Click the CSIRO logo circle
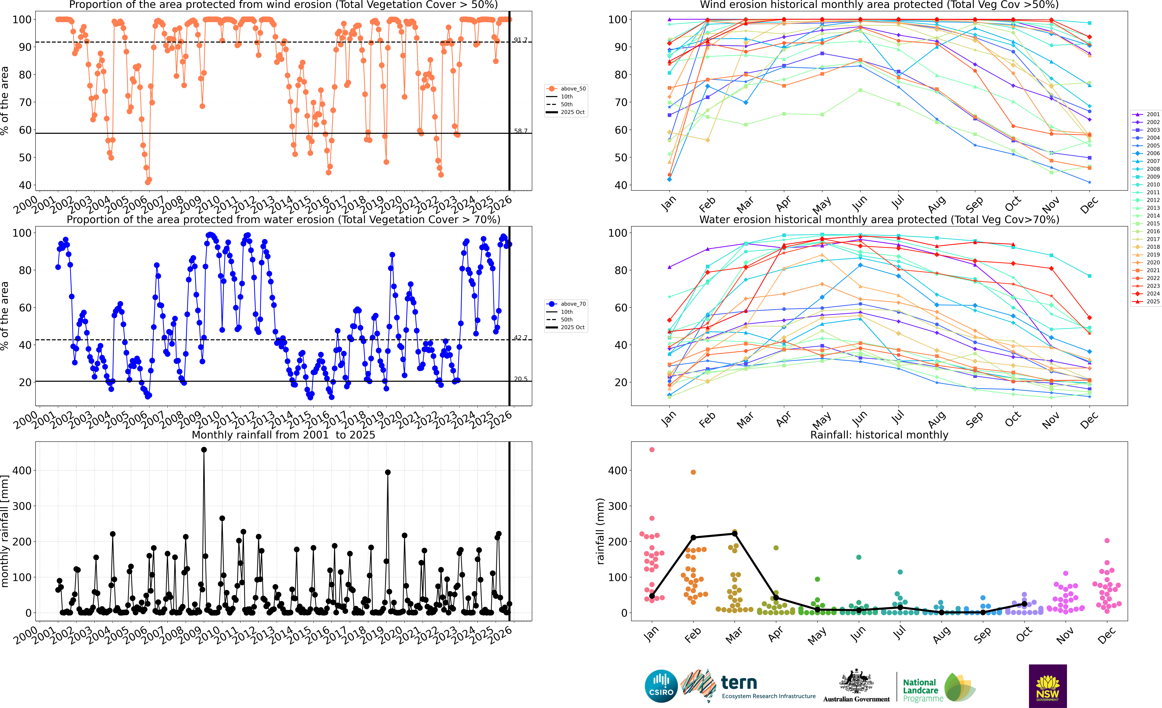tap(661, 686)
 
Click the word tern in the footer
tap(739, 683)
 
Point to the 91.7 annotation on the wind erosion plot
tap(521, 40)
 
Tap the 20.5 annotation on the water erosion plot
tap(521, 379)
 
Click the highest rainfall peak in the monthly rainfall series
tap(204, 450)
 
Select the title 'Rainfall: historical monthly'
tap(879, 435)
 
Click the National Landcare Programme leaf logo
tap(960, 687)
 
